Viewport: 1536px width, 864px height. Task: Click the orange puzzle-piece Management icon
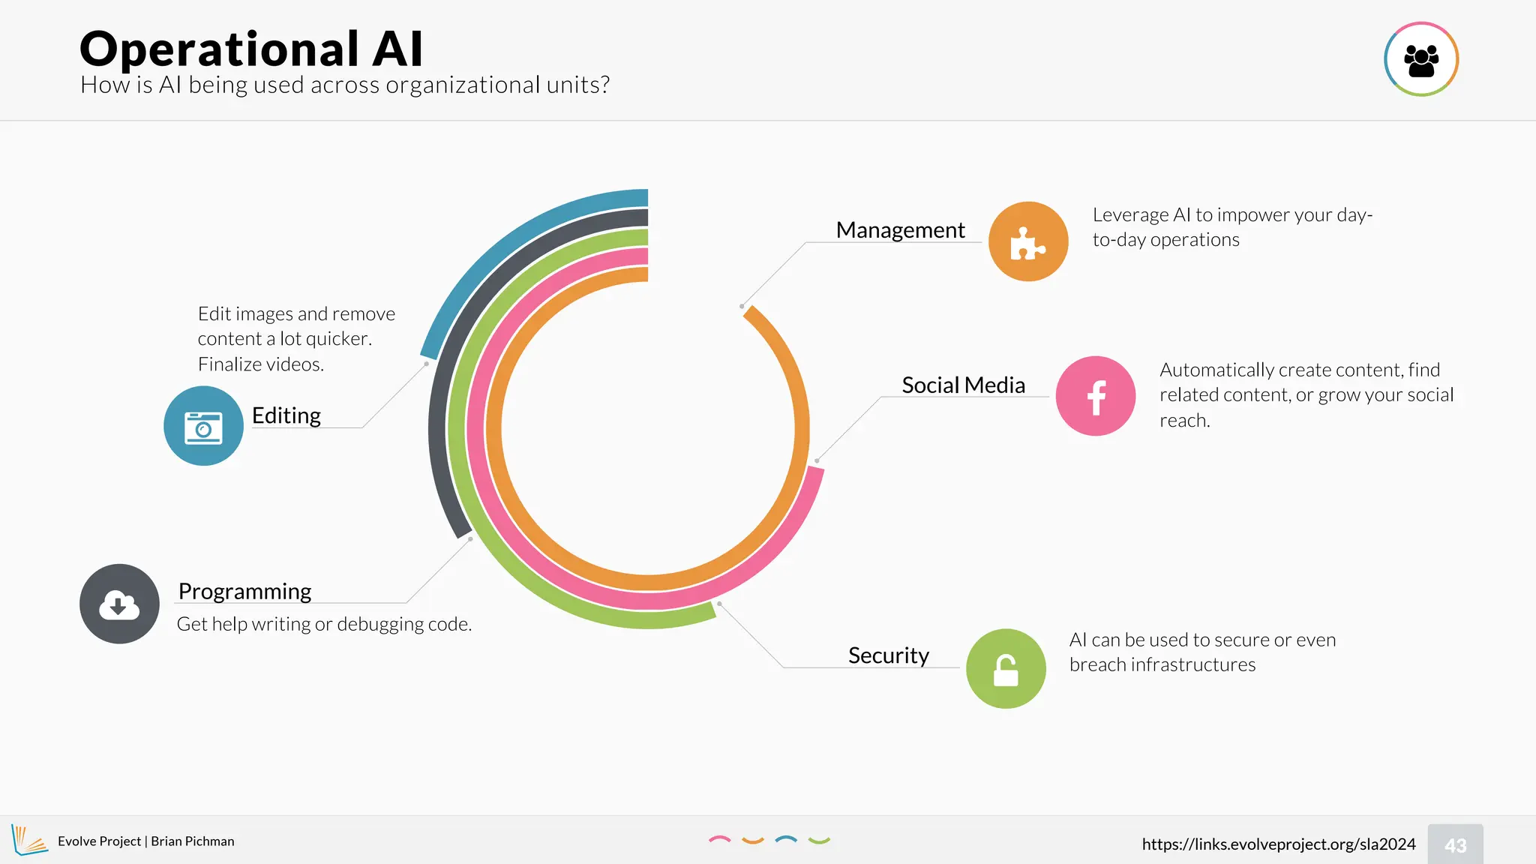pos(1028,241)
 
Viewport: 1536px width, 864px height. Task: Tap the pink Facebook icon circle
pos(1095,396)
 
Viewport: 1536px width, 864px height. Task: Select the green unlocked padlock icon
pos(1006,668)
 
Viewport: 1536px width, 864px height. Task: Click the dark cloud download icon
pos(119,604)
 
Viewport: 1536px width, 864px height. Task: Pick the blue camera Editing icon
pos(203,426)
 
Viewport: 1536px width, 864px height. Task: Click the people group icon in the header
pos(1420,59)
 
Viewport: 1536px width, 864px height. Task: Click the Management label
pos(900,230)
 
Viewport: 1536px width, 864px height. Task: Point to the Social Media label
pos(963,385)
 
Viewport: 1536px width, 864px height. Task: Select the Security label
pos(888,655)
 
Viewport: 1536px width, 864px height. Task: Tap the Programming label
pos(244,592)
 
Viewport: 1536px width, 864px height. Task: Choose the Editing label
pos(286,415)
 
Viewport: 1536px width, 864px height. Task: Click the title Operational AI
pos(251,49)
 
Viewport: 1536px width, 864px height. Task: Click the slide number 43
pos(1455,845)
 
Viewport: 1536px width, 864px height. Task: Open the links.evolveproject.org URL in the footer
pos(1278,844)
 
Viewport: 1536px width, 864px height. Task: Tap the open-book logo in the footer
pos(29,840)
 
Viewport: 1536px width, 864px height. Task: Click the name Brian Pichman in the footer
pos(193,841)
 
